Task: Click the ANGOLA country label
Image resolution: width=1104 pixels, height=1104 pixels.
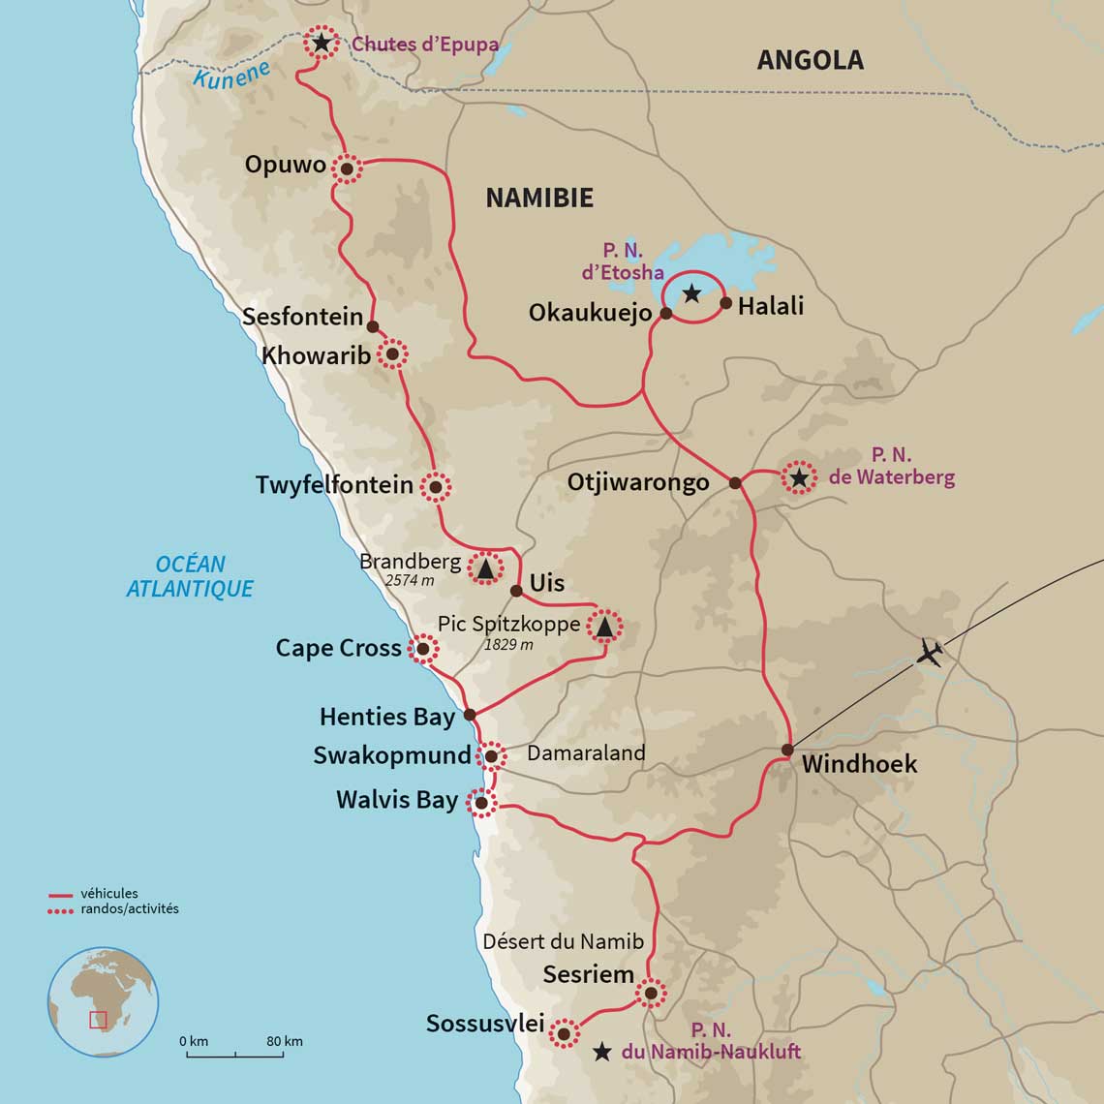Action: click(x=810, y=60)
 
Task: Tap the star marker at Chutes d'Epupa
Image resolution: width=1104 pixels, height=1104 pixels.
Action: click(x=321, y=44)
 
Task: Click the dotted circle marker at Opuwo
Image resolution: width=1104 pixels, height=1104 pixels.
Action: click(x=346, y=169)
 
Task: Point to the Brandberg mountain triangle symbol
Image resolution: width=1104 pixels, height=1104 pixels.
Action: click(x=485, y=567)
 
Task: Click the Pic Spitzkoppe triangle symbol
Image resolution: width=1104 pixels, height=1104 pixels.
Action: click(x=604, y=628)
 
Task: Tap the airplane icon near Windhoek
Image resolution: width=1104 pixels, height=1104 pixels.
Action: click(x=930, y=653)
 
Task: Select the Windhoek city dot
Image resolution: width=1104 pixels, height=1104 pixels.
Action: click(x=787, y=750)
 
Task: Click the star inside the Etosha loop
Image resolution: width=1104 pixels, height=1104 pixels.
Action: click(x=691, y=292)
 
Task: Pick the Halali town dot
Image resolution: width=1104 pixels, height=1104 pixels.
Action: click(x=725, y=304)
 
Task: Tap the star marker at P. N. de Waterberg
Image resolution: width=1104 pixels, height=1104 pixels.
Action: click(x=798, y=477)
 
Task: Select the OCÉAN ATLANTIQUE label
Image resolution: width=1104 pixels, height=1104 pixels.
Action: click(x=190, y=576)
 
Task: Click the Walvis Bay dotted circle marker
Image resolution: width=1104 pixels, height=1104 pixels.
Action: click(x=480, y=802)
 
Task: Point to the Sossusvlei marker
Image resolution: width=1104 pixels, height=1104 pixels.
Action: click(x=563, y=1033)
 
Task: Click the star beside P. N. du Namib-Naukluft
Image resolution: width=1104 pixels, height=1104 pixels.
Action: click(x=601, y=1051)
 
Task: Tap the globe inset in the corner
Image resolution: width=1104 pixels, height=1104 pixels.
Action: click(x=103, y=1002)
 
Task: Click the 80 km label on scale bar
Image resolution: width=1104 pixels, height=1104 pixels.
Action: click(x=285, y=1041)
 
